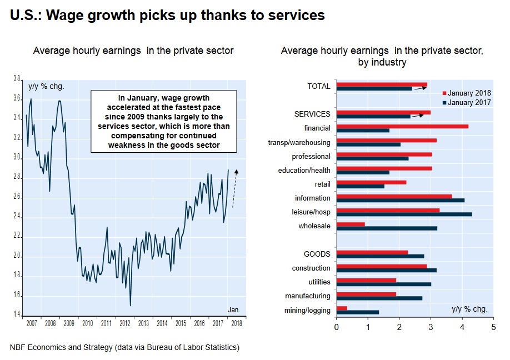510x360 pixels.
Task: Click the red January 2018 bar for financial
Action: tap(402, 127)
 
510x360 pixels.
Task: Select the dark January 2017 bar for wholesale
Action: tap(387, 228)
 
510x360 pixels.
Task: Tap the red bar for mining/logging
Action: tap(342, 308)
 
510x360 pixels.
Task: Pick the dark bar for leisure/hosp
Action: tap(404, 214)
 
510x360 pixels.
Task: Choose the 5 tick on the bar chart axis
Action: tap(493, 327)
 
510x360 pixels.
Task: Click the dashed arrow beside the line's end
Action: tap(236, 188)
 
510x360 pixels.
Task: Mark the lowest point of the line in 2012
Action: tap(130, 305)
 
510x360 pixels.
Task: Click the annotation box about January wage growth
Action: tap(163, 122)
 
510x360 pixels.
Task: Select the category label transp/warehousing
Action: tap(299, 143)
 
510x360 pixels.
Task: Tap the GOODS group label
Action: tap(317, 254)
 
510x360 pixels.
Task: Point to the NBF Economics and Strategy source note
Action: tap(124, 348)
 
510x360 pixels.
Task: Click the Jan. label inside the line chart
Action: tap(234, 309)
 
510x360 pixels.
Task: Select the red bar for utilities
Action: tap(366, 280)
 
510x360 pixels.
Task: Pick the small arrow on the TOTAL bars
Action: tap(421, 88)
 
